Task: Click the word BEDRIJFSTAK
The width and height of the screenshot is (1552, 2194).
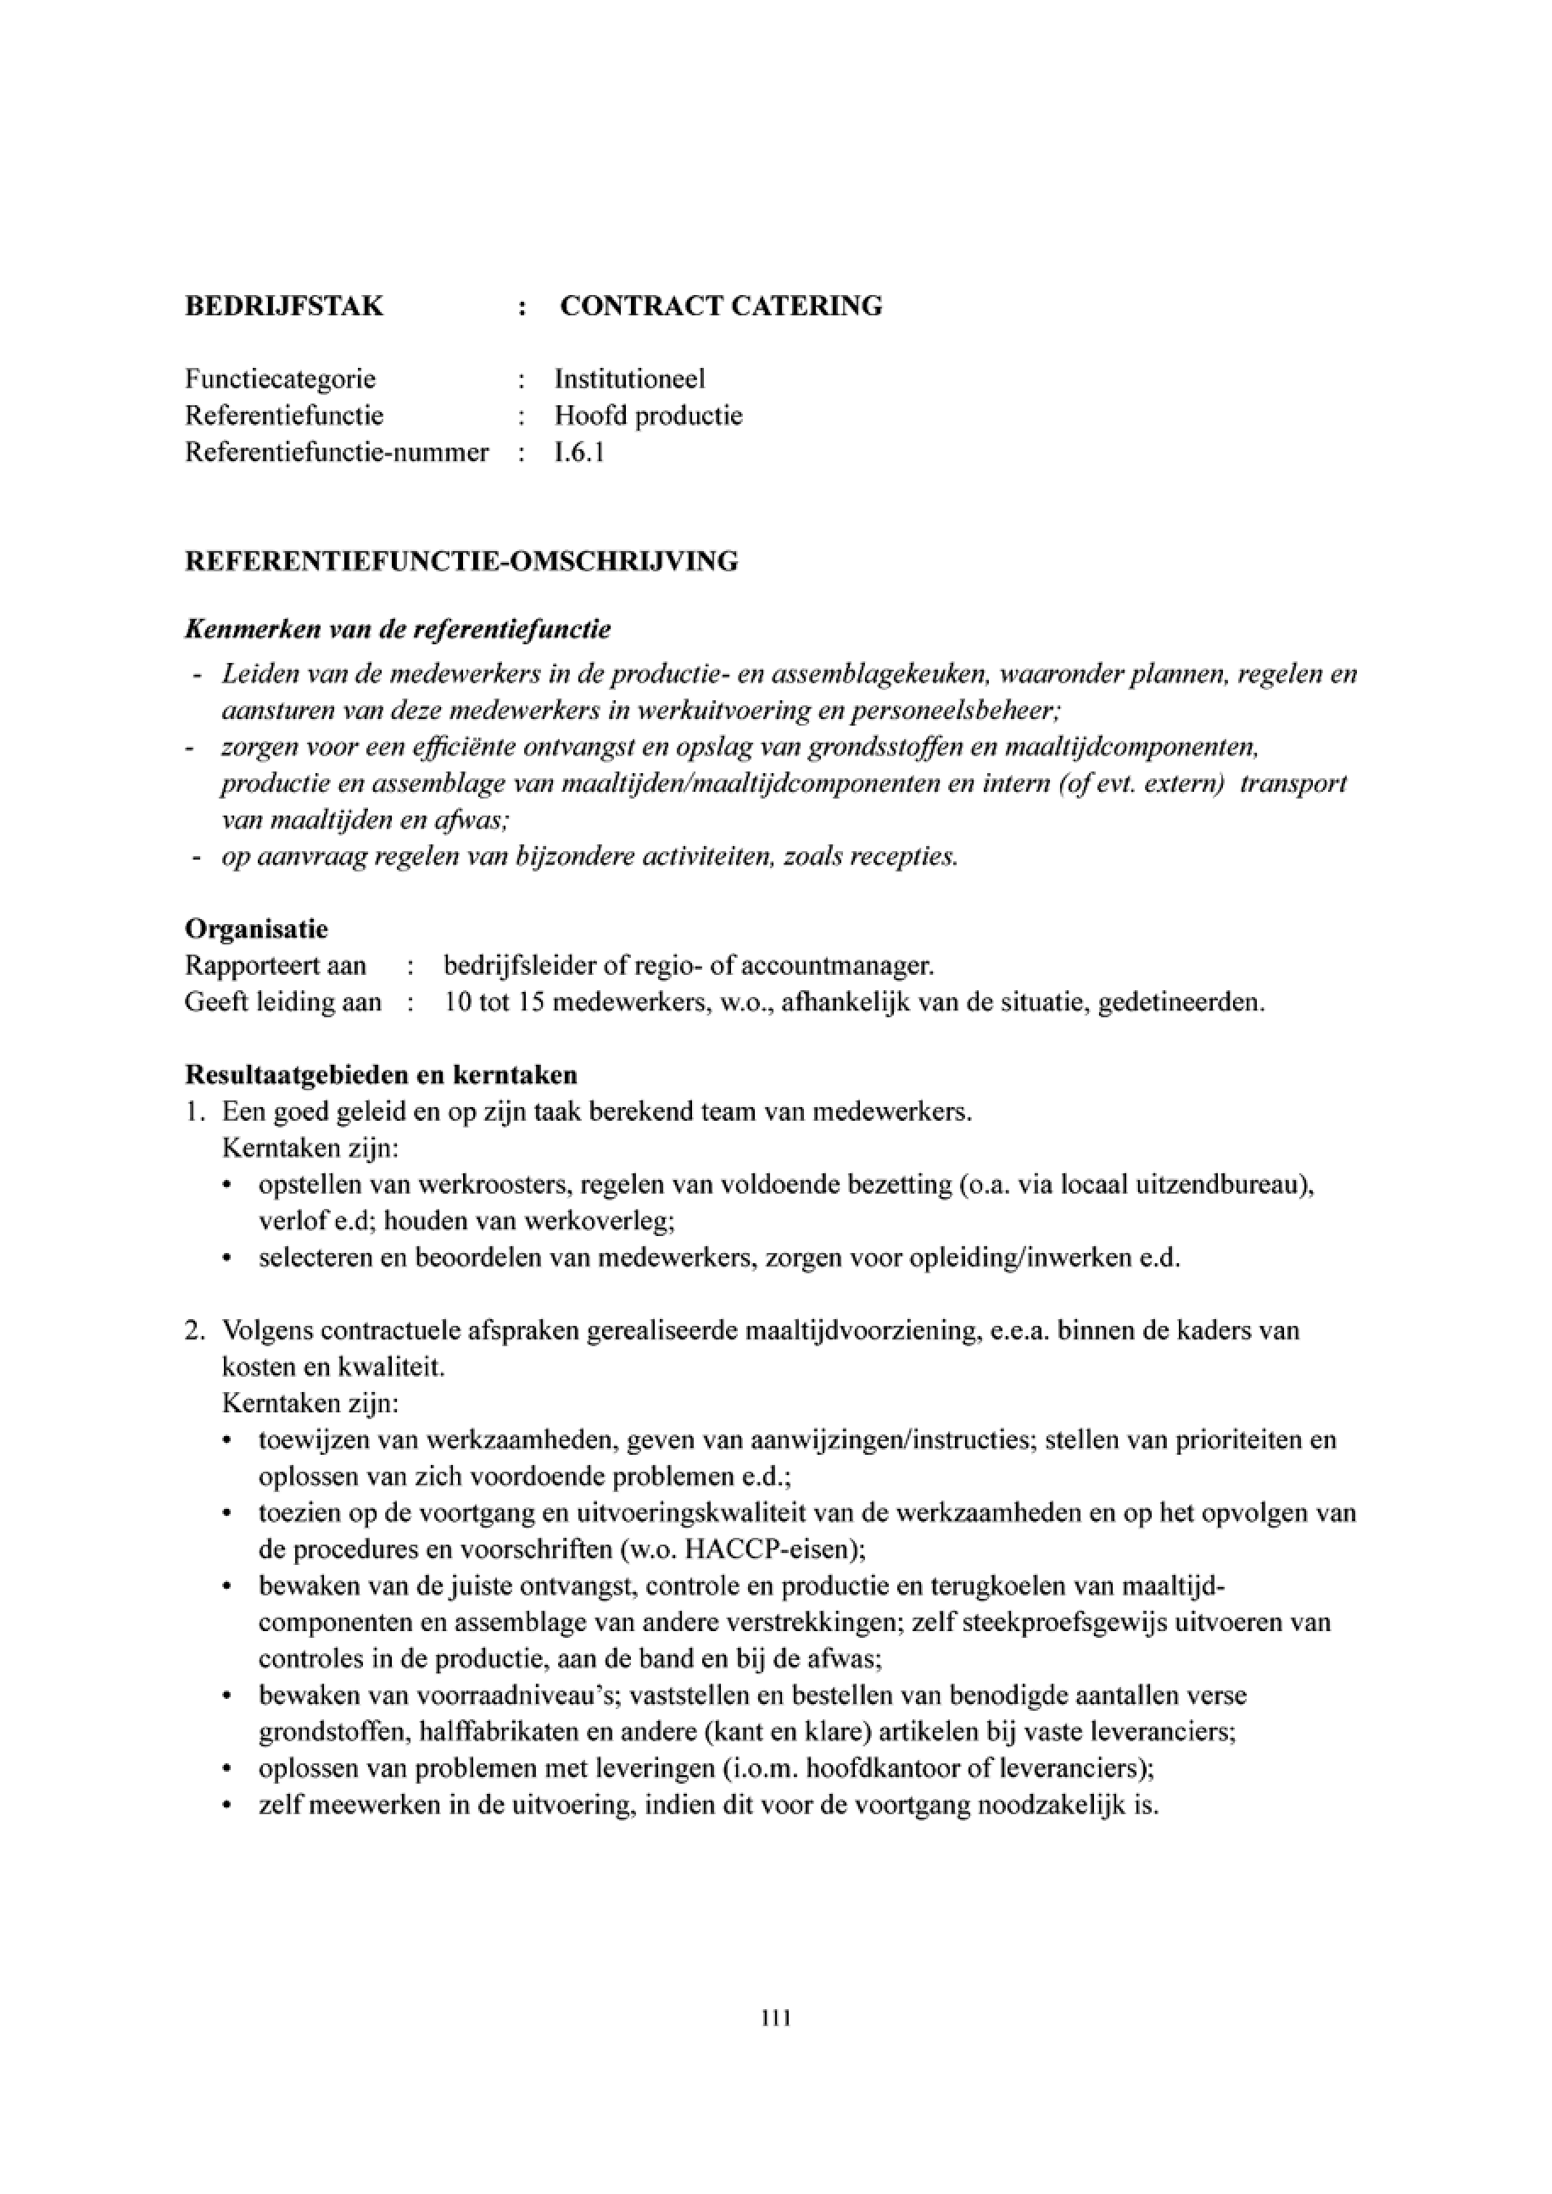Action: (x=284, y=306)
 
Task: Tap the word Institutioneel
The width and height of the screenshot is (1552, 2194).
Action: (x=630, y=379)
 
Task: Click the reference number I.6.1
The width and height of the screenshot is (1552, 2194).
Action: (x=579, y=452)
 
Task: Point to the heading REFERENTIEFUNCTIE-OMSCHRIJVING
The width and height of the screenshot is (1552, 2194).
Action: (x=461, y=561)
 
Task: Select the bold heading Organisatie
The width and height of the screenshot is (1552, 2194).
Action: (x=256, y=929)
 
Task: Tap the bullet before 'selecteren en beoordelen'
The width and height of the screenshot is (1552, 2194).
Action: (x=226, y=1260)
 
